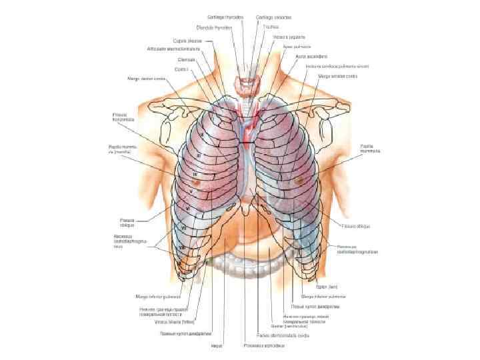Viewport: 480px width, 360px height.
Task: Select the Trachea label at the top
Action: [x=271, y=27]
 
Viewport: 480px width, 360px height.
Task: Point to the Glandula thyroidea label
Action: [x=213, y=28]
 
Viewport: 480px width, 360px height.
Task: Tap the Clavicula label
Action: [x=175, y=59]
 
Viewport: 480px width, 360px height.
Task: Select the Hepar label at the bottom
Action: [x=218, y=346]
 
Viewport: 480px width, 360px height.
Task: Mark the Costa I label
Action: [x=181, y=68]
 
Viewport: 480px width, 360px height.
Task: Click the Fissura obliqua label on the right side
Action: [x=357, y=226]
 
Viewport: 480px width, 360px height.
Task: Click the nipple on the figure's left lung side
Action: [x=297, y=181]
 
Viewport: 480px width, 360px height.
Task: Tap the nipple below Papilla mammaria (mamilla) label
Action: [x=195, y=181]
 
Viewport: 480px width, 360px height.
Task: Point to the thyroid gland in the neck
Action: [x=247, y=83]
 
